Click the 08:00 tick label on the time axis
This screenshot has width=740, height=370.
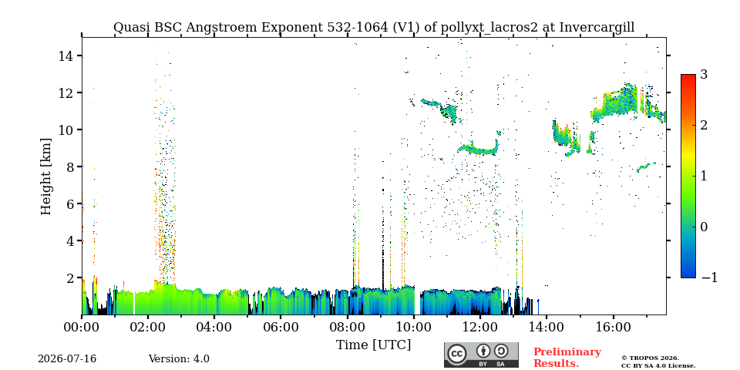pyautogui.click(x=348, y=328)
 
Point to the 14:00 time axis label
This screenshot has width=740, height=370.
pyautogui.click(x=547, y=328)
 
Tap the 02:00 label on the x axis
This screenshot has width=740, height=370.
pyautogui.click(x=148, y=328)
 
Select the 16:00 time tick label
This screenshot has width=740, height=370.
pyautogui.click(x=613, y=328)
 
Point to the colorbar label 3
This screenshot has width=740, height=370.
pyautogui.click(x=704, y=75)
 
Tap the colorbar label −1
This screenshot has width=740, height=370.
pyautogui.click(x=709, y=277)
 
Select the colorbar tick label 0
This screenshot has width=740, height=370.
pyautogui.click(x=704, y=227)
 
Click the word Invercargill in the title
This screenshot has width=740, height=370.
pyautogui.click(x=597, y=28)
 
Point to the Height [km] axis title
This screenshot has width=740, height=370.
pyautogui.click(x=45, y=177)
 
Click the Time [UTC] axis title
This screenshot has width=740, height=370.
pyautogui.click(x=373, y=345)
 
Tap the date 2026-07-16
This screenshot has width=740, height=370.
pyautogui.click(x=67, y=359)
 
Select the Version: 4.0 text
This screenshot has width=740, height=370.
pyautogui.click(x=179, y=359)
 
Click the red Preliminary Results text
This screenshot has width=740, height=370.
pyautogui.click(x=567, y=358)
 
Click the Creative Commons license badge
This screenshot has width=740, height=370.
pyautogui.click(x=481, y=355)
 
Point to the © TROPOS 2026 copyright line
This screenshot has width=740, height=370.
pyautogui.click(x=650, y=358)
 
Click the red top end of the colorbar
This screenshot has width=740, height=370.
pyautogui.click(x=688, y=76)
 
